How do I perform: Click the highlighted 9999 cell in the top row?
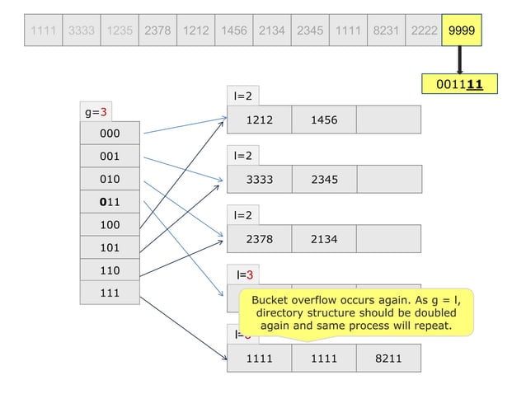coord(461,30)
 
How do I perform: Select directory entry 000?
coord(109,133)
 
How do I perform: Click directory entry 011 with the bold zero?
coord(109,201)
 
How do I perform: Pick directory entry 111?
coord(109,293)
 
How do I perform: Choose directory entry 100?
coord(109,224)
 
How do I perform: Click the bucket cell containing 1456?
coord(323,120)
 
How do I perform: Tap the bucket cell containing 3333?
coord(259,179)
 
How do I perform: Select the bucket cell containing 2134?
coord(323,239)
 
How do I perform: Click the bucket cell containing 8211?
coord(387,359)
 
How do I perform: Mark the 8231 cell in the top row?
coord(385,30)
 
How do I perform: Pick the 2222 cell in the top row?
coord(423,30)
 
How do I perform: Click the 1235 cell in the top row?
coord(119,30)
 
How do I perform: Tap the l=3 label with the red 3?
coord(244,274)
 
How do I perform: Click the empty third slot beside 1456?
coord(387,120)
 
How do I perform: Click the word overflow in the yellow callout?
coord(320,300)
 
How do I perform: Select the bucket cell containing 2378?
coord(259,239)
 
